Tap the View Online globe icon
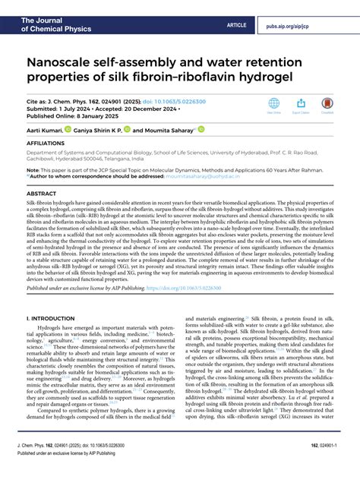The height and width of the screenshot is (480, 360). coord(273,104)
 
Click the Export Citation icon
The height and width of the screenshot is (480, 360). coord(301,104)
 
